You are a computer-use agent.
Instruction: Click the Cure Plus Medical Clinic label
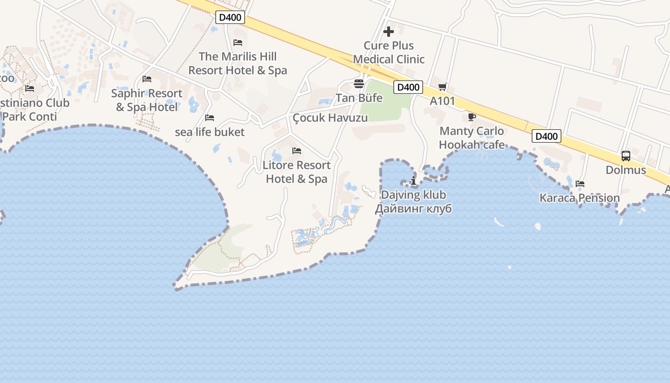point(389,53)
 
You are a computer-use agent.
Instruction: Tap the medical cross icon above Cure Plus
point(389,32)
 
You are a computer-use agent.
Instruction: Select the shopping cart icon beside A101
point(442,87)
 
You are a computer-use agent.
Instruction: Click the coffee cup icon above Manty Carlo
point(471,117)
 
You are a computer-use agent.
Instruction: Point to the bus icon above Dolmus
point(625,156)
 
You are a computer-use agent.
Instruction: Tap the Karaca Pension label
point(580,198)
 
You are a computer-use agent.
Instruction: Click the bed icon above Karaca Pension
point(580,183)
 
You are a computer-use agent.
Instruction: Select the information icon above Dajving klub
point(413,180)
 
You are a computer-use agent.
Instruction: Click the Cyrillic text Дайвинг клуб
point(413,209)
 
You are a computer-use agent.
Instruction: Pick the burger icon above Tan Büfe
point(359,84)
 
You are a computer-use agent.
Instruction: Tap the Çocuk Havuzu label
point(330,118)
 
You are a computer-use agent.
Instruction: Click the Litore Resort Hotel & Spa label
point(297,172)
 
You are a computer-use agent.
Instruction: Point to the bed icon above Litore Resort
point(297,151)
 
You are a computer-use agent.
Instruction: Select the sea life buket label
point(210,132)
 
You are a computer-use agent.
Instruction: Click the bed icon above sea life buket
point(210,118)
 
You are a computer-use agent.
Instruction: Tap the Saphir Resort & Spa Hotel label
point(147,100)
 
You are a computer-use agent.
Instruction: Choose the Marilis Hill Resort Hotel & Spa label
point(238,63)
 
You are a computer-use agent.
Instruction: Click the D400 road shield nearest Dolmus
point(546,136)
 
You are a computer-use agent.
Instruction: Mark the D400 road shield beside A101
point(408,87)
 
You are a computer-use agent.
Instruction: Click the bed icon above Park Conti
point(30,89)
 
